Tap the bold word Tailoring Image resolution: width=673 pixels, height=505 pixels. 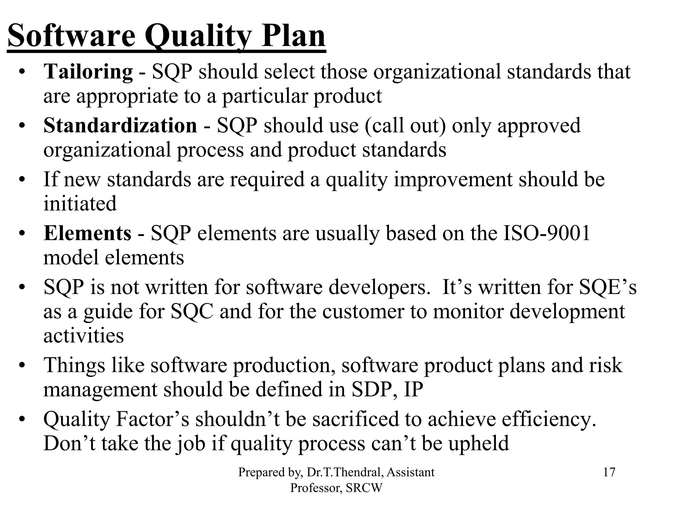click(x=88, y=72)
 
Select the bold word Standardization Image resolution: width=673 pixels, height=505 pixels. click(x=120, y=126)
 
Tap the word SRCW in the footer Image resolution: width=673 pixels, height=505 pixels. click(x=364, y=488)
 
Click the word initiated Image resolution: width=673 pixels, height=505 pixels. click(x=80, y=203)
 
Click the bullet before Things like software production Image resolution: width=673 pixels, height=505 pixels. click(x=22, y=366)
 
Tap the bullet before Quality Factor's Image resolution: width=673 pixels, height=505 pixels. click(x=22, y=420)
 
